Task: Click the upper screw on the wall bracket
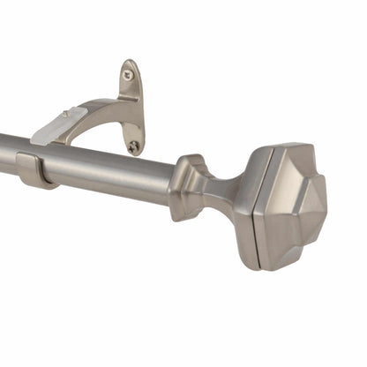coord(129,76)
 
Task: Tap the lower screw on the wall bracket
coord(133,147)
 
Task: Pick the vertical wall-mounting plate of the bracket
coord(131,106)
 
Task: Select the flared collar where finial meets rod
coord(190,187)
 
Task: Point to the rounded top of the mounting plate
coord(130,64)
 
